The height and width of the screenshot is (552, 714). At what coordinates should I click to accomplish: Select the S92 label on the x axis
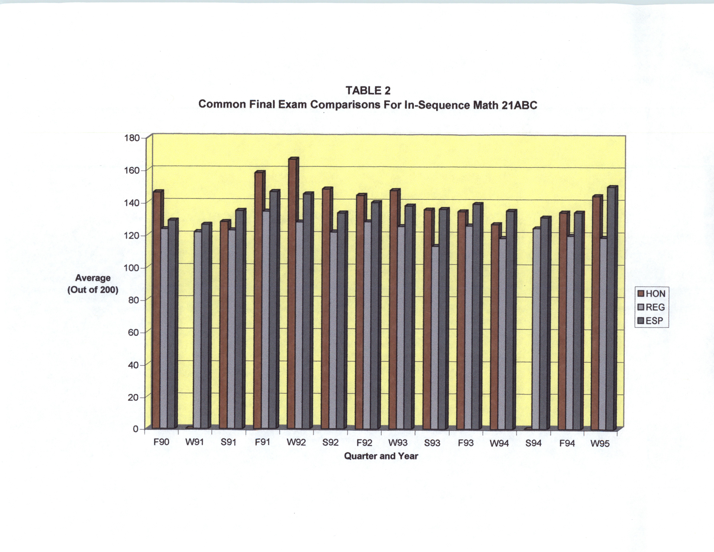coord(330,443)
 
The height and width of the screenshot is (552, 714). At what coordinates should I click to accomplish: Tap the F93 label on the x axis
coord(466,443)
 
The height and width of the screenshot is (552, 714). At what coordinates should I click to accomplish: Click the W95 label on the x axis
coord(600,444)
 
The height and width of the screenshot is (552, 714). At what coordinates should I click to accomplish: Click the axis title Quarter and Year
coord(381,456)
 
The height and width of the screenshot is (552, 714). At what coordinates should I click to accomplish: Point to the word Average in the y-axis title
coord(93,278)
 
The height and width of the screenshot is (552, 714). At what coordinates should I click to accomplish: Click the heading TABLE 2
coord(368,90)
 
